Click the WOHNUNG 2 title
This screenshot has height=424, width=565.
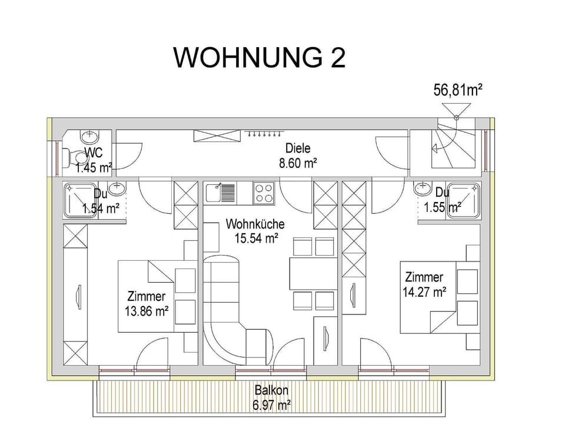click(x=259, y=58)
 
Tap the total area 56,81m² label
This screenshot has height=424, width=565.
click(x=458, y=90)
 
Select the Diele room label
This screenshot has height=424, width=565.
click(x=298, y=149)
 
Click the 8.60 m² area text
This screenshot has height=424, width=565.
click(x=298, y=163)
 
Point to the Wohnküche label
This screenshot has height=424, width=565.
click(x=255, y=224)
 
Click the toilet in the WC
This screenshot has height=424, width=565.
click(x=76, y=157)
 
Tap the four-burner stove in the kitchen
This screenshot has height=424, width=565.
click(x=264, y=192)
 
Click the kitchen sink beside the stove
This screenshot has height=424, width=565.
click(x=221, y=192)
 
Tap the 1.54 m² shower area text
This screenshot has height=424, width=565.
click(x=101, y=208)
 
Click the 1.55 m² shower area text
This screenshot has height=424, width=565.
click(x=442, y=207)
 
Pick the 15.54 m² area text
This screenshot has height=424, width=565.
click(x=255, y=238)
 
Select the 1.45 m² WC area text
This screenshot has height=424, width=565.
click(x=94, y=168)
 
